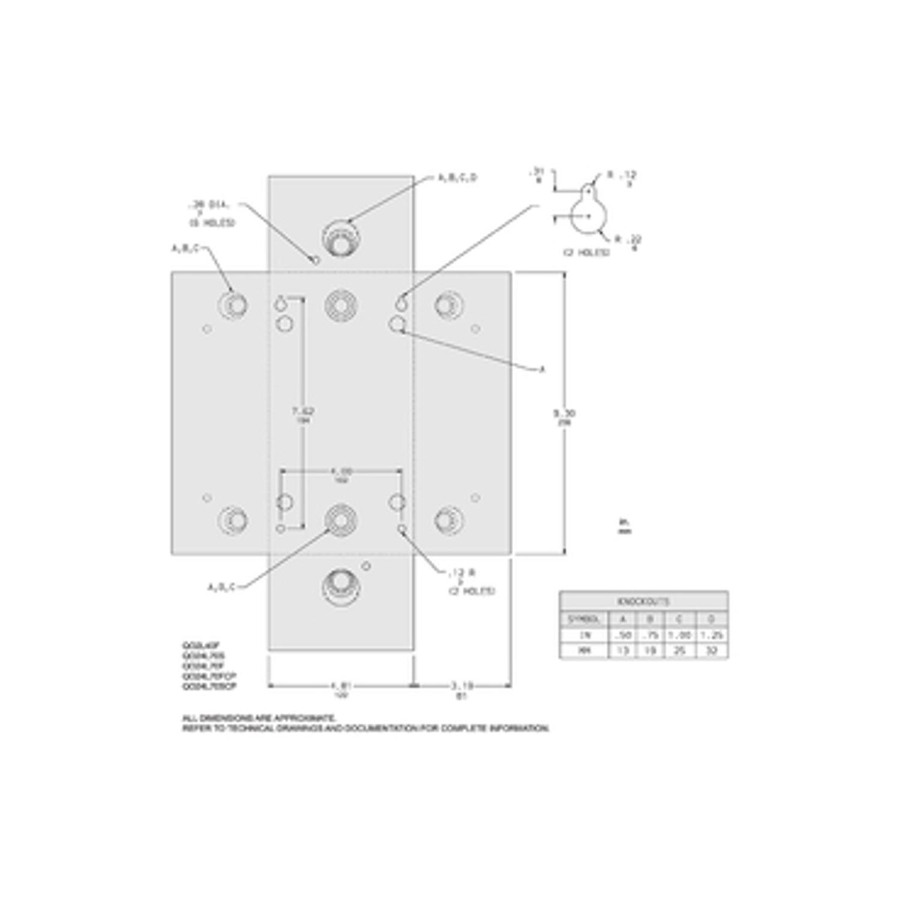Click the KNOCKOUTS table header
pos(643,601)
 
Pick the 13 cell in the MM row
pos(621,651)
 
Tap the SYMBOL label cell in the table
pos(584,619)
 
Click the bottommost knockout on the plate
pos(340,585)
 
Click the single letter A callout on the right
pos(542,369)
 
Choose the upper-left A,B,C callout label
pos(186,247)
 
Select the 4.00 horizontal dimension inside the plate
pos(341,471)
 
